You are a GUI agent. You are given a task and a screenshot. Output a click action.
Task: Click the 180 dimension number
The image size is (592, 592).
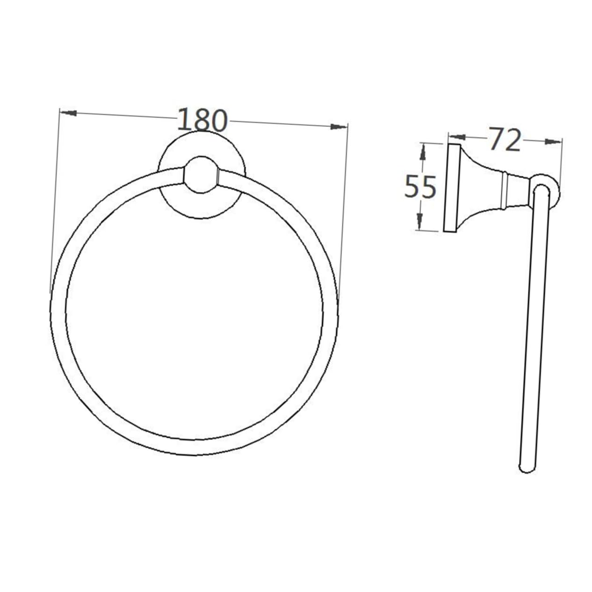point(202,120)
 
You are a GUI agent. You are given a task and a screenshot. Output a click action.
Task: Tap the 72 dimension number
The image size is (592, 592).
point(505,139)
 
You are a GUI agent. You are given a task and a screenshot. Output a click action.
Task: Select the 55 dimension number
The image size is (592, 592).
point(420,186)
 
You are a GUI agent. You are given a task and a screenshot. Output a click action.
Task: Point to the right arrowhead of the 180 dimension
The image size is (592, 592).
point(339,126)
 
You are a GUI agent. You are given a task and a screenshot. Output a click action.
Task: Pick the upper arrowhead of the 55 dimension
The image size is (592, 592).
point(422,151)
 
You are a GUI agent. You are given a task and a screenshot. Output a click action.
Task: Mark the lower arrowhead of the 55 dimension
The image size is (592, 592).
point(419,221)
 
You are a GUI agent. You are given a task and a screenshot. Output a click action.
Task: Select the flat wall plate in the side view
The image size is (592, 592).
point(451,188)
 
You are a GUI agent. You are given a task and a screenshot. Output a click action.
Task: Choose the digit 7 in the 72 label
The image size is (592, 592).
point(496,139)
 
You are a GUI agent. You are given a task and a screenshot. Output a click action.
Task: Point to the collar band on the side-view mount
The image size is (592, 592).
point(505,189)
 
